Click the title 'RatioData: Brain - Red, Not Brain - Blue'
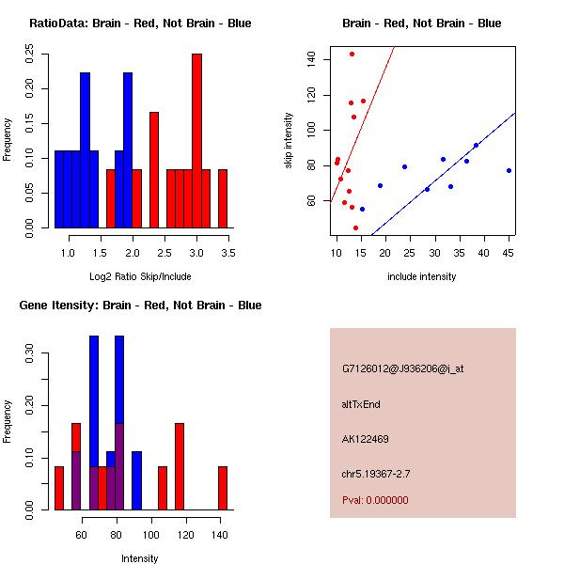tap(140, 23)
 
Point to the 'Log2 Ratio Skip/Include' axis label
tap(139, 276)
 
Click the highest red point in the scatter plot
tap(352, 55)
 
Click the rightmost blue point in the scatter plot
tap(509, 170)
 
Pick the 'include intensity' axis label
tap(421, 276)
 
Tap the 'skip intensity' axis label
tap(289, 141)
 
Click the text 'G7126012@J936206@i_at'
tap(402, 368)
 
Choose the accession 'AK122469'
tap(366, 439)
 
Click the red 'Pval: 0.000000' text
tap(375, 500)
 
